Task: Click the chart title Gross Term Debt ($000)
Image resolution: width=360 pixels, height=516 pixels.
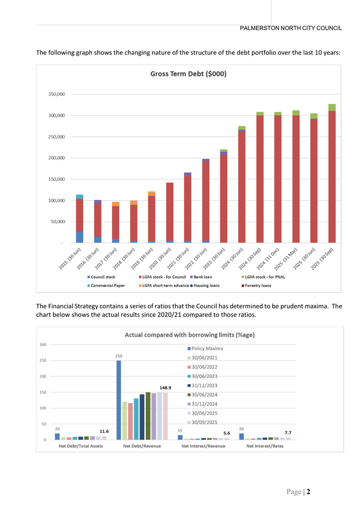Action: tap(188, 74)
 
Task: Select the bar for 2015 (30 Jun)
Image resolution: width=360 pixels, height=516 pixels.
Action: tap(80, 219)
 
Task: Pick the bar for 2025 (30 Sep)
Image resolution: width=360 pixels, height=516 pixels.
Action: tap(332, 173)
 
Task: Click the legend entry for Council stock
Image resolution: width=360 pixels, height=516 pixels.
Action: tap(103, 277)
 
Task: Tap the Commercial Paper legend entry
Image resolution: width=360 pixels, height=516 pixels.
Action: tap(106, 285)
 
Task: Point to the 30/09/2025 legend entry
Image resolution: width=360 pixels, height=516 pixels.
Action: tap(206, 422)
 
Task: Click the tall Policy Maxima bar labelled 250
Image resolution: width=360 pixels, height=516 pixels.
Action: tap(119, 400)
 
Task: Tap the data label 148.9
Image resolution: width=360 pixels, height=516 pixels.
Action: tap(165, 387)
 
